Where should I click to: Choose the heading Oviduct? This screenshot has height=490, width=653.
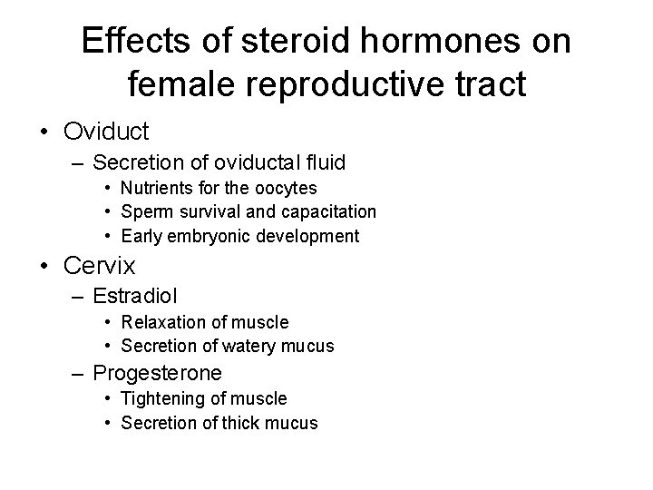click(x=106, y=131)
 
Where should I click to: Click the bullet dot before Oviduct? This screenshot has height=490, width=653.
click(x=44, y=132)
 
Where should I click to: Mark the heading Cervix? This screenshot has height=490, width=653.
click(x=100, y=266)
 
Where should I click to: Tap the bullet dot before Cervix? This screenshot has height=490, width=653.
click(x=44, y=267)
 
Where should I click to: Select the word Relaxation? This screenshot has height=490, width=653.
click(x=162, y=322)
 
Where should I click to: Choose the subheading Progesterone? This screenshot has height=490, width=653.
click(x=158, y=373)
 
